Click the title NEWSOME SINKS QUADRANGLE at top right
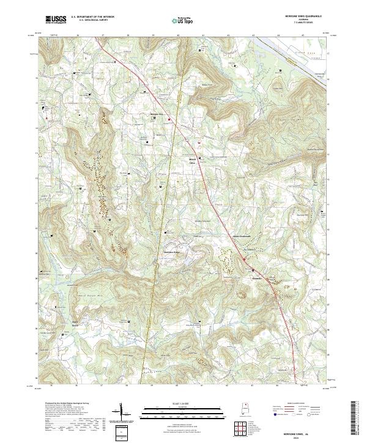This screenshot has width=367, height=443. pos(303,16)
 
